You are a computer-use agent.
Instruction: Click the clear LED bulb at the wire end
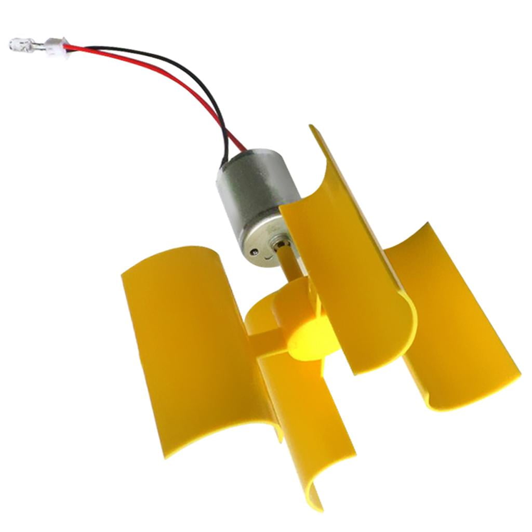pyautogui.click(x=19, y=45)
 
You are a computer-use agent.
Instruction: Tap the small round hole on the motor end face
pyautogui.click(x=254, y=252)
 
